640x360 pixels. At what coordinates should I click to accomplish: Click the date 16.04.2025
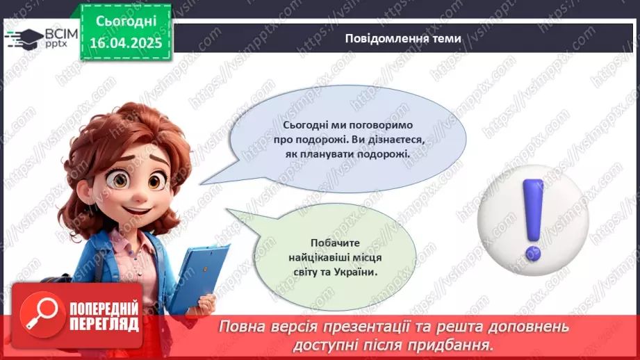pos(126,42)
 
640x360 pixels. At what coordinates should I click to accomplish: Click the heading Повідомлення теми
pos(402,39)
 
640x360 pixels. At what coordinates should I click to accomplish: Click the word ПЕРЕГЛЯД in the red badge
pos(104,324)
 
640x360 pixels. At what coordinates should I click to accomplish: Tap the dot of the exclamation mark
pos(533,249)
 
